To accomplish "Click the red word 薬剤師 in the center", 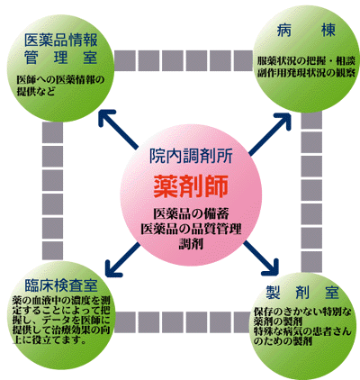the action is point(191,186).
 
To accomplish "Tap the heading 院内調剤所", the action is point(191,156).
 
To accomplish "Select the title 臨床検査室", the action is point(61,285).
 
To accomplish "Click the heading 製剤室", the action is point(302,292).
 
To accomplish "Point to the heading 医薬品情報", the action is point(61,41).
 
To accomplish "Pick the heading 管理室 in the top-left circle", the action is point(61,58).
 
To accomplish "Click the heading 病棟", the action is point(306,30).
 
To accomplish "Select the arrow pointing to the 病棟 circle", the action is point(270,133).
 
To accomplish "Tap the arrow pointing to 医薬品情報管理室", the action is point(118,130).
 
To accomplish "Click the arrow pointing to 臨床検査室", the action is point(123,259).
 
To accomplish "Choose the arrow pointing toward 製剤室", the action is point(261,258).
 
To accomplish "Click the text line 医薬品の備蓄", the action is point(192,213).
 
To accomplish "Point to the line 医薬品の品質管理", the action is point(192,229).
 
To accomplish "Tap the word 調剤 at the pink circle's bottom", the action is point(191,243).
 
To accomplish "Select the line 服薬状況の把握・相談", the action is point(306,61).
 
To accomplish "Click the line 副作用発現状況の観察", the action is point(306,73).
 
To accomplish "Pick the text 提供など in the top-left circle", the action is point(36,91).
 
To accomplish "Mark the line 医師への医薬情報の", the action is point(60,80).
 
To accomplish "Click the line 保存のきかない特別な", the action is point(302,312).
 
